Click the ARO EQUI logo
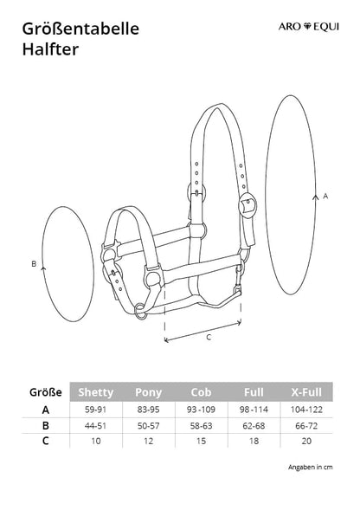tap(308, 26)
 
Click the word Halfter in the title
tap(50, 49)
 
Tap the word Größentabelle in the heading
tap(80, 29)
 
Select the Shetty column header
tap(96, 392)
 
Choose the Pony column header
tap(148, 392)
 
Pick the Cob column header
tap(201, 392)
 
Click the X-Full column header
tap(306, 392)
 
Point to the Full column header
tap(254, 392)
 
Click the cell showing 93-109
tap(201, 410)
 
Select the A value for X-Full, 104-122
tap(306, 410)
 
